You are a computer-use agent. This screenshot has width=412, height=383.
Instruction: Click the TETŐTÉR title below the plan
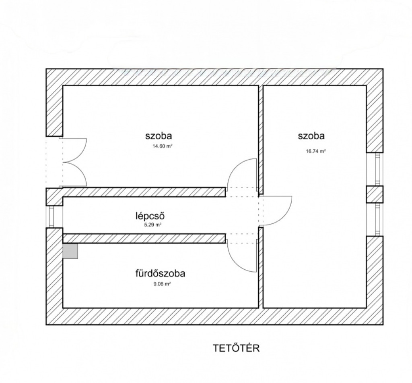[236, 348]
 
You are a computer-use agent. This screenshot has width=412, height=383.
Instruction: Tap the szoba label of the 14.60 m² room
[159, 136]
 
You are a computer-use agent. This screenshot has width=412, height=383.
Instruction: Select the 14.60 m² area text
[163, 146]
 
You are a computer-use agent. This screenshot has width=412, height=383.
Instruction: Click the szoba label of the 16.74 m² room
[311, 136]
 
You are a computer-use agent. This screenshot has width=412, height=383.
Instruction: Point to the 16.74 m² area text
[316, 151]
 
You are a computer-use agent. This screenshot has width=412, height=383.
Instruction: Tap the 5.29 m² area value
[152, 225]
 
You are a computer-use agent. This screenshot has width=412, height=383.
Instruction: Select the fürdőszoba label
[160, 273]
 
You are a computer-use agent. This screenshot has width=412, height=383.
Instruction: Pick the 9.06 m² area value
[163, 284]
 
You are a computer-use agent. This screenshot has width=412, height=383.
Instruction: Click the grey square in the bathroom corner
[70, 251]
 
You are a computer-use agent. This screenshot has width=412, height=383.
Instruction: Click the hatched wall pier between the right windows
[375, 194]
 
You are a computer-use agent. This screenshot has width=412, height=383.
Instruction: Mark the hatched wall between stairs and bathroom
[144, 238]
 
